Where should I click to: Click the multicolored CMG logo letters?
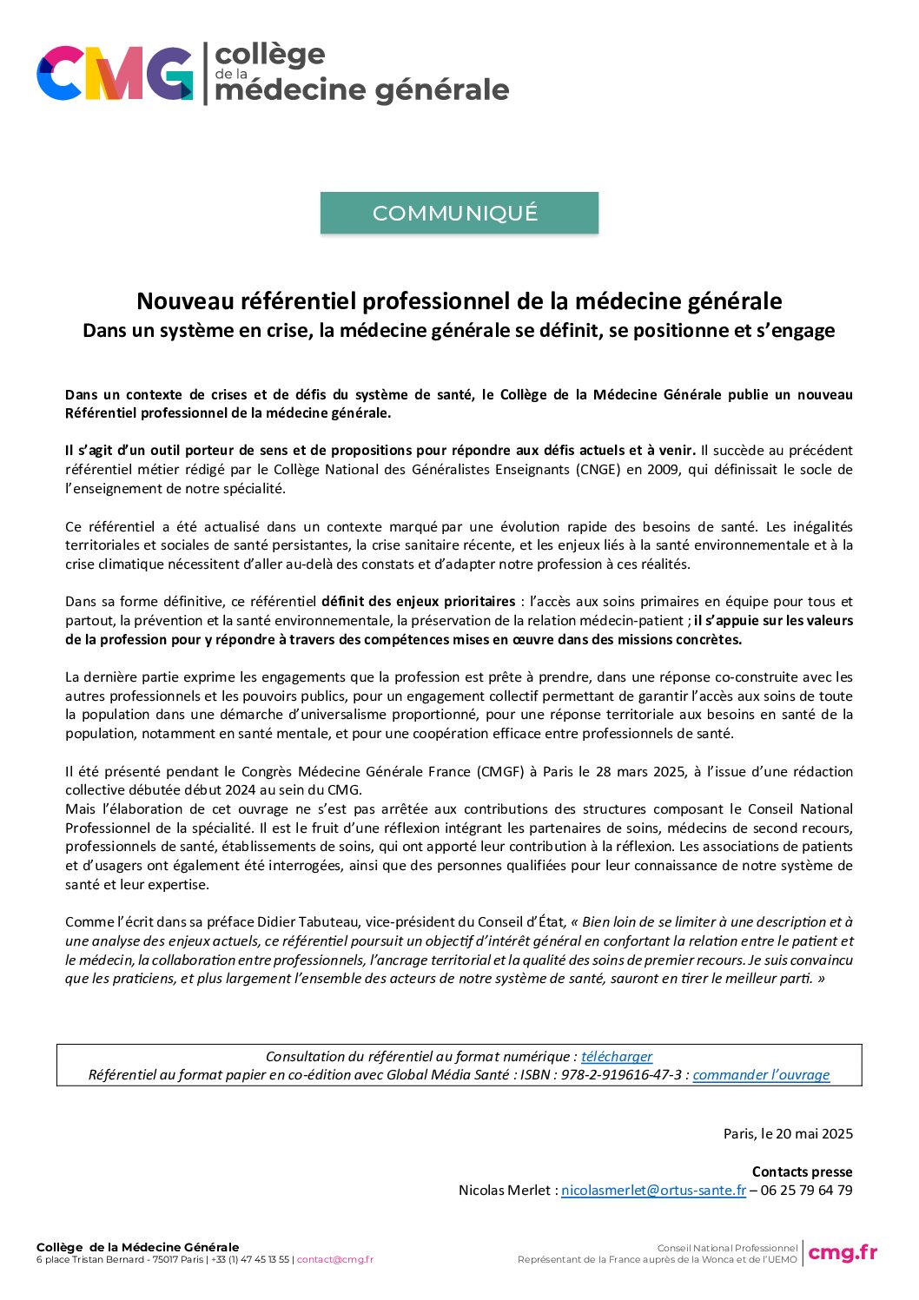(x=115, y=73)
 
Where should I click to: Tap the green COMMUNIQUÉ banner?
(x=459, y=213)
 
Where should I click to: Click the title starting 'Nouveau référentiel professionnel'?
(x=459, y=301)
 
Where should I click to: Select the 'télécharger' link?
(x=617, y=1056)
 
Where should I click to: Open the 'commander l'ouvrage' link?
(x=761, y=1075)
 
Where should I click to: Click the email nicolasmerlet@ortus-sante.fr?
(x=653, y=1190)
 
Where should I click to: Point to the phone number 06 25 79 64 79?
(x=806, y=1190)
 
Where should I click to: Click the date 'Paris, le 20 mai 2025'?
(x=788, y=1133)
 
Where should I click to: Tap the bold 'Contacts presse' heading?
(x=802, y=1171)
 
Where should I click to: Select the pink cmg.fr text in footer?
(x=843, y=1252)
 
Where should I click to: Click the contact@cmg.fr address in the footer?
(x=335, y=1259)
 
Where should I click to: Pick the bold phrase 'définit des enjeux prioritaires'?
(x=418, y=601)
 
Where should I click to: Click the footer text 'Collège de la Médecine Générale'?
(x=137, y=1247)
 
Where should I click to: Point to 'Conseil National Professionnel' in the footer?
(x=727, y=1248)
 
